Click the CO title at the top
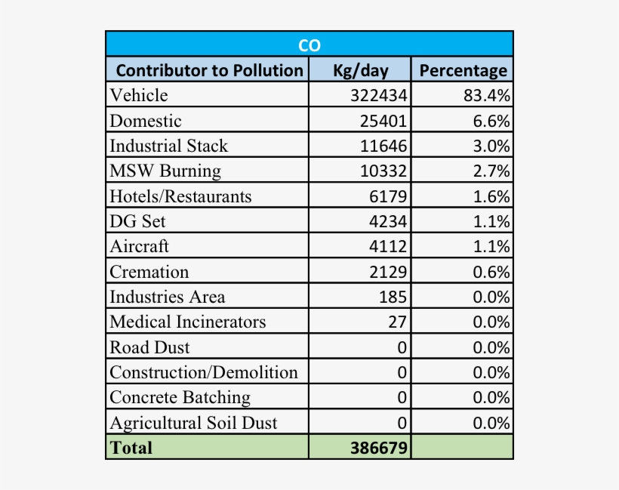click(309, 45)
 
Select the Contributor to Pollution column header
click(209, 70)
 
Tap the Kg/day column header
click(360, 70)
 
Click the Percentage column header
click(463, 70)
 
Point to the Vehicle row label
click(139, 95)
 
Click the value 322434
click(379, 95)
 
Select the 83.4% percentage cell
click(487, 95)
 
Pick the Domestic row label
click(146, 121)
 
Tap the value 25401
click(383, 121)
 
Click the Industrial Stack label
click(168, 146)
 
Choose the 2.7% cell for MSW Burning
click(491, 171)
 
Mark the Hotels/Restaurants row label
click(180, 196)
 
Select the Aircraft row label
click(140, 246)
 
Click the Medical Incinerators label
click(188, 322)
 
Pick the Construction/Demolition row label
click(204, 372)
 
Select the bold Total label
click(131, 447)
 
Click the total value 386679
click(379, 448)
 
